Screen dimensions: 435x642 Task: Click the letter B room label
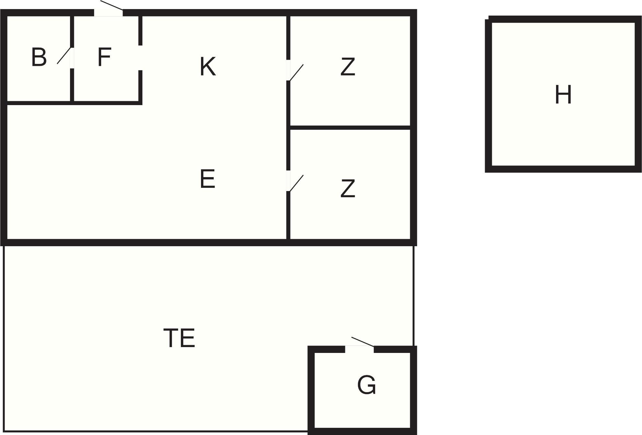39,57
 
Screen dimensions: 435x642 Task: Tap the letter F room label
104,57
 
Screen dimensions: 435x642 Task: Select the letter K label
208,66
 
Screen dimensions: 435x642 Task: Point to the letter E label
207,179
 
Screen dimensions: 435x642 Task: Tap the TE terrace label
179,338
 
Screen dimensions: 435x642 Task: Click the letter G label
366,385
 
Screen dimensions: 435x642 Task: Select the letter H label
563,95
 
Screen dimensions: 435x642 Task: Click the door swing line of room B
64,56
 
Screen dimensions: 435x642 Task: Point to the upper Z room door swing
297,72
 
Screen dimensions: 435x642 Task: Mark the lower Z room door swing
297,183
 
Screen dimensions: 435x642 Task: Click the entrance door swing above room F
112,5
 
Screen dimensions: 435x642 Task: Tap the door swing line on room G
363,342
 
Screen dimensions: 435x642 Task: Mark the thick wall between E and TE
146,242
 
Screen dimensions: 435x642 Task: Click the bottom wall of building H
563,169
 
